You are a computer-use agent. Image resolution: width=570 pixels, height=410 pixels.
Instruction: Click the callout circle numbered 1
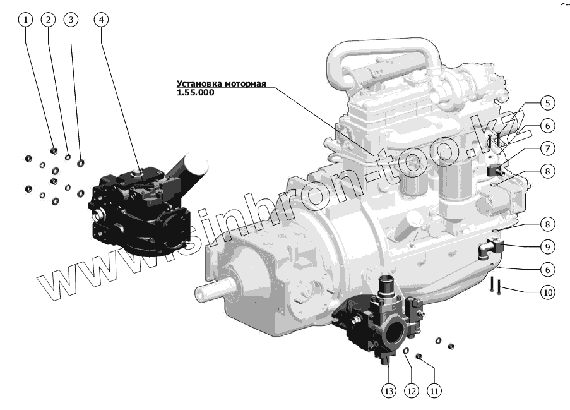click(26, 20)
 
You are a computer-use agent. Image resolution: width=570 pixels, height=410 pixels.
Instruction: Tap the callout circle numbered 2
click(49, 20)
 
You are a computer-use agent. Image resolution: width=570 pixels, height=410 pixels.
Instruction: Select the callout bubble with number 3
click(71, 20)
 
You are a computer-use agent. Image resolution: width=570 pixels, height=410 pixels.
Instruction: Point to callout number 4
click(100, 20)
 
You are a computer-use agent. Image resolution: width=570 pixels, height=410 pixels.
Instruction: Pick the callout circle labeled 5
click(547, 103)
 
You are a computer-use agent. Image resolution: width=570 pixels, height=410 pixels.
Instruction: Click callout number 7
click(547, 148)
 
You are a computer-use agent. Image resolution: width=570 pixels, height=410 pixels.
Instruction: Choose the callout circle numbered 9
click(547, 246)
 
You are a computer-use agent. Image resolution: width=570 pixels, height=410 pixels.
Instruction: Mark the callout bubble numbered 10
click(547, 292)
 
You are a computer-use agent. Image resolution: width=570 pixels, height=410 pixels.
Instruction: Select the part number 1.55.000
click(196, 92)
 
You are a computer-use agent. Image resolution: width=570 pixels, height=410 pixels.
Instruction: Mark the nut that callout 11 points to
click(418, 358)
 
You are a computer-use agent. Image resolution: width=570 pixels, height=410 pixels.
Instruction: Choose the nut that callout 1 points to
click(54, 152)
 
